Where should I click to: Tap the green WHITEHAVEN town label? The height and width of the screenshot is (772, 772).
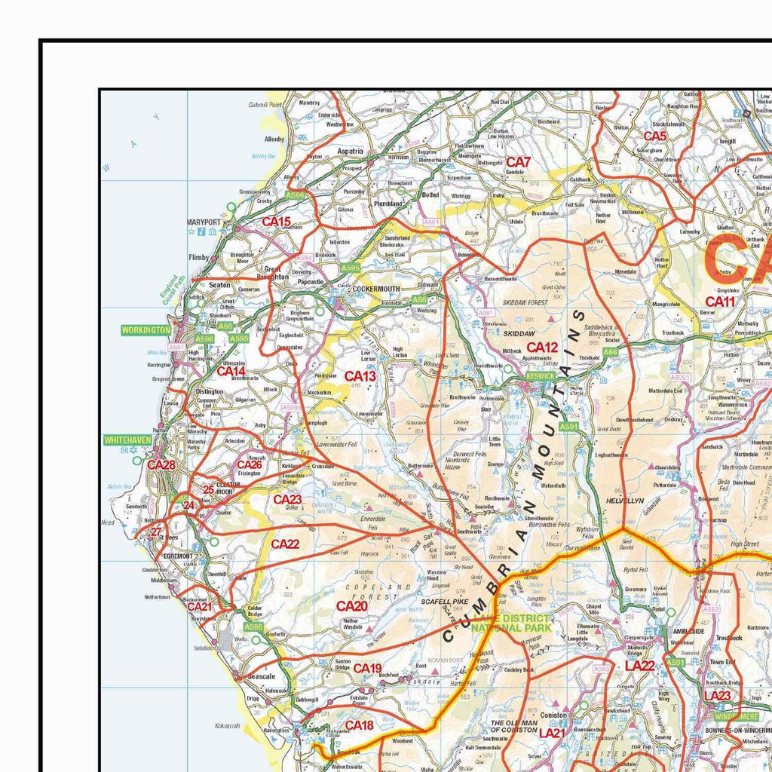click(x=128, y=440)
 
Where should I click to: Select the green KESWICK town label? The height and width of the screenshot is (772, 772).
click(x=540, y=375)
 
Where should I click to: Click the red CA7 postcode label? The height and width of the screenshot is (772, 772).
click(x=518, y=161)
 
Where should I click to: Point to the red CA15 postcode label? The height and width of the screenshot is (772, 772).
click(x=276, y=222)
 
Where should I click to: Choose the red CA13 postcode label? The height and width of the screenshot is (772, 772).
click(x=360, y=376)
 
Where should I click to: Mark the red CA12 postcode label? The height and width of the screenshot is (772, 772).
click(x=542, y=348)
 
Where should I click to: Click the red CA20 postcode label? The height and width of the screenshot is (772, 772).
click(x=351, y=606)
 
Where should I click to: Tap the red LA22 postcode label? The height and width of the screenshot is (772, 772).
click(x=639, y=666)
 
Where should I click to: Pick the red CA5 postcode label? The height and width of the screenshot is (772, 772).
click(x=654, y=136)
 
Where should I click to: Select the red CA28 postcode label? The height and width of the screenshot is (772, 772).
click(x=161, y=465)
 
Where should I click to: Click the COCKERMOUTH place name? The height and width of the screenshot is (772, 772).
click(x=375, y=289)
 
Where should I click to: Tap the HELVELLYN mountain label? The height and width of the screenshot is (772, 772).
click(x=624, y=501)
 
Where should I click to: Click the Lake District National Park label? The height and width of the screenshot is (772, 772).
click(x=512, y=623)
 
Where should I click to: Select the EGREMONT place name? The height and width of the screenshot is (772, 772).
click(x=179, y=556)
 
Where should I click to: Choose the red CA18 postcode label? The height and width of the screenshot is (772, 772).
click(x=359, y=725)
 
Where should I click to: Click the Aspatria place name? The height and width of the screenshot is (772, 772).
click(x=350, y=151)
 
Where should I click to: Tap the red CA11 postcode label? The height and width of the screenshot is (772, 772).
click(x=720, y=302)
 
